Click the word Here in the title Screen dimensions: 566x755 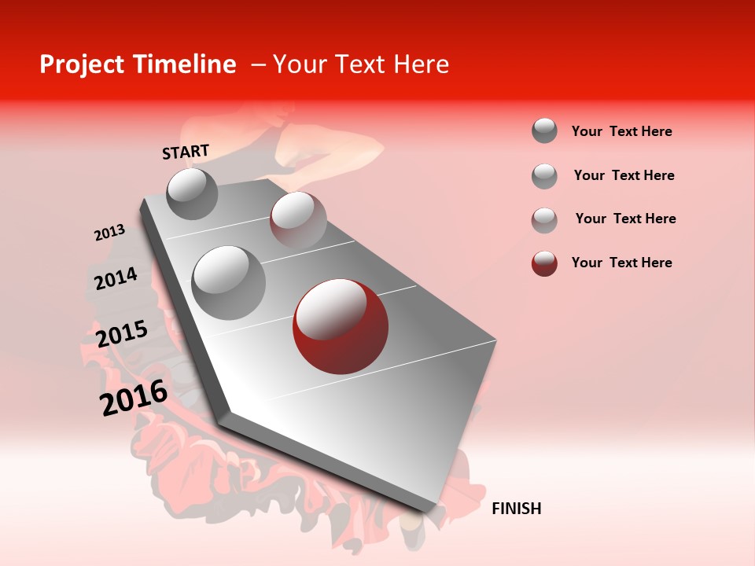coord(421,64)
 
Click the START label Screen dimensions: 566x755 coord(186,152)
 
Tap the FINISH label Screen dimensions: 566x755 coord(516,509)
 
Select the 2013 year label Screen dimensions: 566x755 coord(109,233)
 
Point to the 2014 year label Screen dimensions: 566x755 coord(116,278)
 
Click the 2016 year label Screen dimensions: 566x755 coord(134,398)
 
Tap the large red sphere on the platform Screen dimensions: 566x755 coord(340,326)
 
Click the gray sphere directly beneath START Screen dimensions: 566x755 coord(193,193)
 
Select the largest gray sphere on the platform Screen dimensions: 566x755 coord(228,282)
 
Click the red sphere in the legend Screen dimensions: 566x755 coord(544,263)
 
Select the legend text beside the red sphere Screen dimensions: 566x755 coord(621,263)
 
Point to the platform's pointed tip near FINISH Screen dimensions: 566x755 coord(429,511)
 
